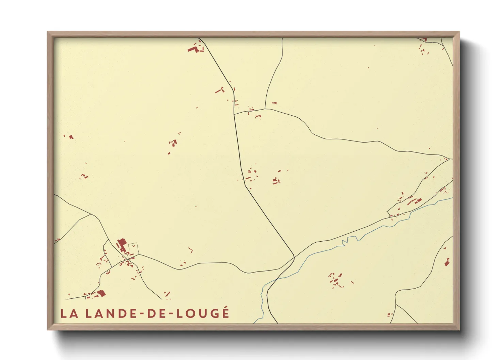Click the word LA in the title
69,313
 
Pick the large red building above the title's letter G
101,293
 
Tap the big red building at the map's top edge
193,49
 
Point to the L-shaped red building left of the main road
220,90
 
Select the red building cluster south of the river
336,280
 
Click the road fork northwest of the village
91,214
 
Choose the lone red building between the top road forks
274,103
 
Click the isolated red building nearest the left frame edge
71,137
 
